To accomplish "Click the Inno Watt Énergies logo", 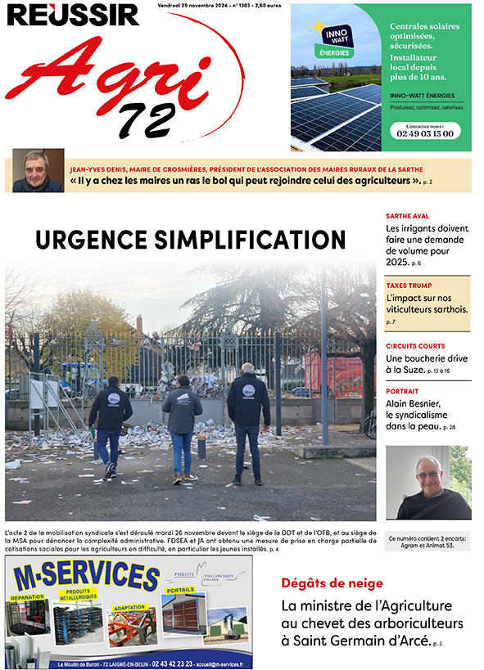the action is [332, 40].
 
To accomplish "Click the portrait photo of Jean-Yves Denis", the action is [38, 170].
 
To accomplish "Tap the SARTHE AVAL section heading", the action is [408, 217].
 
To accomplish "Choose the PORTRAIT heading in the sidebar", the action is [403, 391].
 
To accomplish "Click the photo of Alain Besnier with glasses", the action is [428, 482].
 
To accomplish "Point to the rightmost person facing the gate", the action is [248, 417].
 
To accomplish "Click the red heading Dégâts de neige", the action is [331, 583].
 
